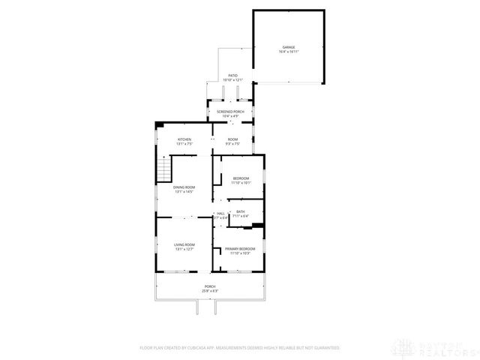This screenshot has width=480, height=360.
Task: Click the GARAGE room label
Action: pyautogui.click(x=289, y=47)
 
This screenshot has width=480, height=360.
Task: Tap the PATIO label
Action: pyautogui.click(x=232, y=76)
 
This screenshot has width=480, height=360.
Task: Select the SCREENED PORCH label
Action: pyautogui.click(x=231, y=111)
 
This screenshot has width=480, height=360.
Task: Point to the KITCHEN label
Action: pyautogui.click(x=184, y=139)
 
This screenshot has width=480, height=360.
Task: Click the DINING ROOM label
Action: pyautogui.click(x=184, y=187)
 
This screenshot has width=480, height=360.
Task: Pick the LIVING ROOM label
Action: pyautogui.click(x=184, y=245)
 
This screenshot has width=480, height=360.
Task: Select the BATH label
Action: pyautogui.click(x=241, y=212)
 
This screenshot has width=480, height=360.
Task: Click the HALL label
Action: pyautogui.click(x=220, y=213)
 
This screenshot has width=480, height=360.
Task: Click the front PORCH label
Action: pyautogui.click(x=211, y=286)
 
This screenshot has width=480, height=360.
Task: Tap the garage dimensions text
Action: pyautogui.click(x=289, y=52)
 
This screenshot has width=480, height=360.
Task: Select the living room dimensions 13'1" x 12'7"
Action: pyautogui.click(x=184, y=250)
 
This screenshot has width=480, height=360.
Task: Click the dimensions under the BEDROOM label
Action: pyautogui.click(x=241, y=182)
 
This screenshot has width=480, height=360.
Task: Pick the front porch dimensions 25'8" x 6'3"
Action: pyautogui.click(x=211, y=290)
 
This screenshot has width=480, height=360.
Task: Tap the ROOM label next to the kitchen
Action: pyautogui.click(x=233, y=139)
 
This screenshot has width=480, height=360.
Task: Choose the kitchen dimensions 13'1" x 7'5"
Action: pyautogui.click(x=184, y=144)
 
